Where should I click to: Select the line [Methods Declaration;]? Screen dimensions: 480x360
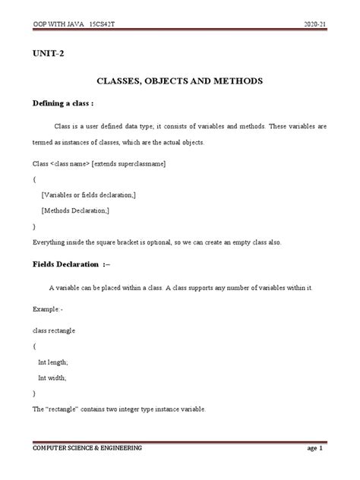[77, 210]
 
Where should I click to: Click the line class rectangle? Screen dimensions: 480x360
[54, 330]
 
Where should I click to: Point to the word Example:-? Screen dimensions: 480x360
[48, 310]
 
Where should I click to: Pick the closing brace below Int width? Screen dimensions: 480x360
[35, 393]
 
